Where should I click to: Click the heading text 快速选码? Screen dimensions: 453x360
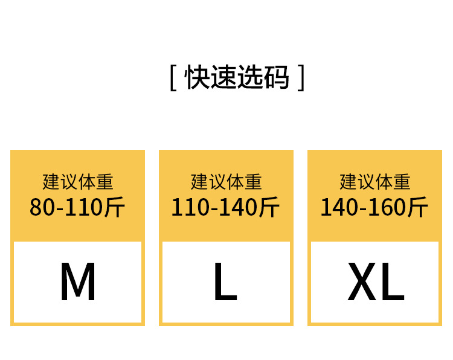(237, 77)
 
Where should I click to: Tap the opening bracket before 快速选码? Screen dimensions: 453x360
(173, 78)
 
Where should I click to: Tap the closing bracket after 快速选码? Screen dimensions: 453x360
(301, 78)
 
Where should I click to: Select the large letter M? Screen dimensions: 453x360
(77, 282)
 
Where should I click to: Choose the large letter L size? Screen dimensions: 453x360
(225, 282)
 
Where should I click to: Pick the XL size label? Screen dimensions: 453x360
(375, 282)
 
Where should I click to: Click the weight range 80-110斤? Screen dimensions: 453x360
(77, 207)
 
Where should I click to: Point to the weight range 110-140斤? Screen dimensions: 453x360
(225, 207)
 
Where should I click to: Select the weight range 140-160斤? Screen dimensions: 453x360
(374, 207)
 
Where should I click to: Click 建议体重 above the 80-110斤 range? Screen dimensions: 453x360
(77, 181)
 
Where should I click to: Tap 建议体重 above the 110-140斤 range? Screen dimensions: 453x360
(226, 181)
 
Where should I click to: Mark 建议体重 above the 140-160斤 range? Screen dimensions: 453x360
(374, 181)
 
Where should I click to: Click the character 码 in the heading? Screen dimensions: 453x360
(277, 77)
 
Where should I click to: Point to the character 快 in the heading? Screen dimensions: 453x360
(196, 77)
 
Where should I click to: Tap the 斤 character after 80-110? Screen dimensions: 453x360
(114, 207)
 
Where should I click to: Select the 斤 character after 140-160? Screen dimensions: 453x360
(417, 207)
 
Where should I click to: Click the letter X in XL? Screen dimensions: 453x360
(362, 282)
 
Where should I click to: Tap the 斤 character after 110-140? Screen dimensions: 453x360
(269, 207)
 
